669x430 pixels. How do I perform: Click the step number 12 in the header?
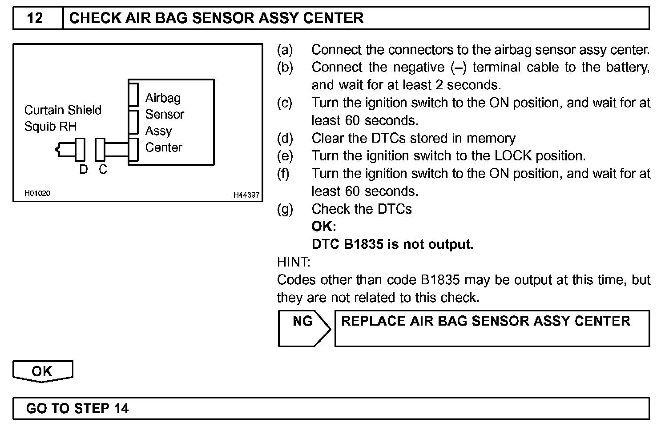pos(35,18)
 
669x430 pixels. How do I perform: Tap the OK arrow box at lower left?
pos(42,371)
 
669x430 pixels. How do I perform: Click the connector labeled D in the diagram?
pos(80,149)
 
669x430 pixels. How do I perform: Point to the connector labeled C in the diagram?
pos(101,149)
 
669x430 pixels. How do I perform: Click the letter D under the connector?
pos(83,169)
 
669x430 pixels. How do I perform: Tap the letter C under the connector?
pos(103,169)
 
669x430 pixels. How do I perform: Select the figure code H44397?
pos(246,195)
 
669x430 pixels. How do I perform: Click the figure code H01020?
pos(37,193)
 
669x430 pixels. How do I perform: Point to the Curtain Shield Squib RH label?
pos(62,118)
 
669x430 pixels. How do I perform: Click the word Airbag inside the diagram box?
pos(163,98)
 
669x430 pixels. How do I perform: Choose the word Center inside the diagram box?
pos(164,147)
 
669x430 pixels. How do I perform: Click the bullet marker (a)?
pos(285,50)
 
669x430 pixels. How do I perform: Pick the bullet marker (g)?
pos(285,209)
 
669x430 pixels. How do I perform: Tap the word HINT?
pos(294,262)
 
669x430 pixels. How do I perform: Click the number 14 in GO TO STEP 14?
pos(121,408)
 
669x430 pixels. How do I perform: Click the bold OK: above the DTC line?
pos(323,227)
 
